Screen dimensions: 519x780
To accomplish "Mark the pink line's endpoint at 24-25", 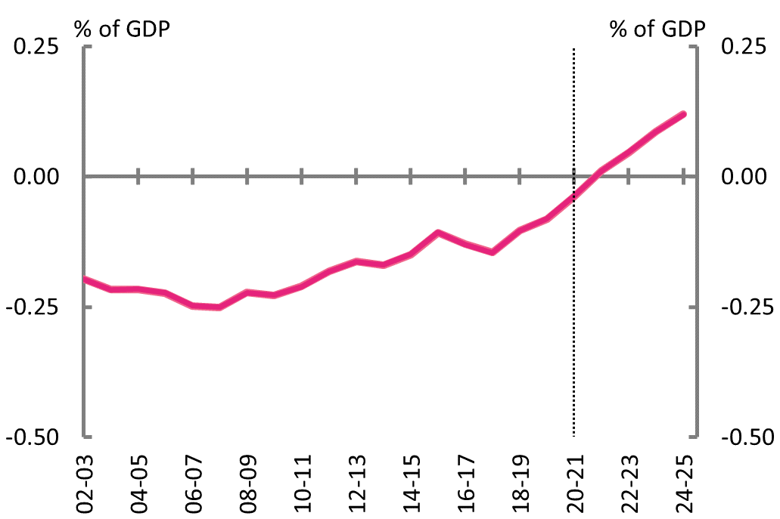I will [x=683, y=115].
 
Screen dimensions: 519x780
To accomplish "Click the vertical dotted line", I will [x=574, y=302].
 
